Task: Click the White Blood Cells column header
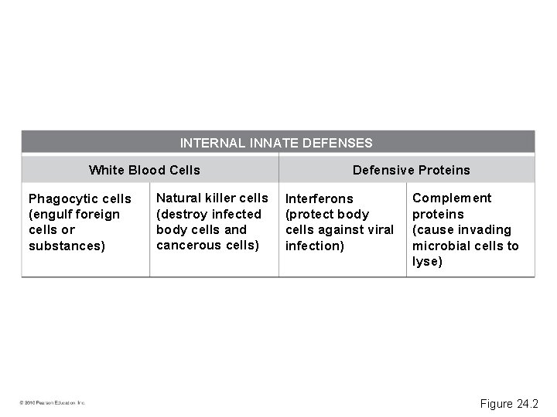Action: (x=145, y=170)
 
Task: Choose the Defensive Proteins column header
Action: (x=411, y=170)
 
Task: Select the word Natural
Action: (x=179, y=198)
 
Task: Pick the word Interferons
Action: (x=320, y=199)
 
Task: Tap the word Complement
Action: (x=452, y=198)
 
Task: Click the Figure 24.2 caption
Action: (x=509, y=404)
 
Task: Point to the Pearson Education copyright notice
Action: (x=53, y=402)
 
